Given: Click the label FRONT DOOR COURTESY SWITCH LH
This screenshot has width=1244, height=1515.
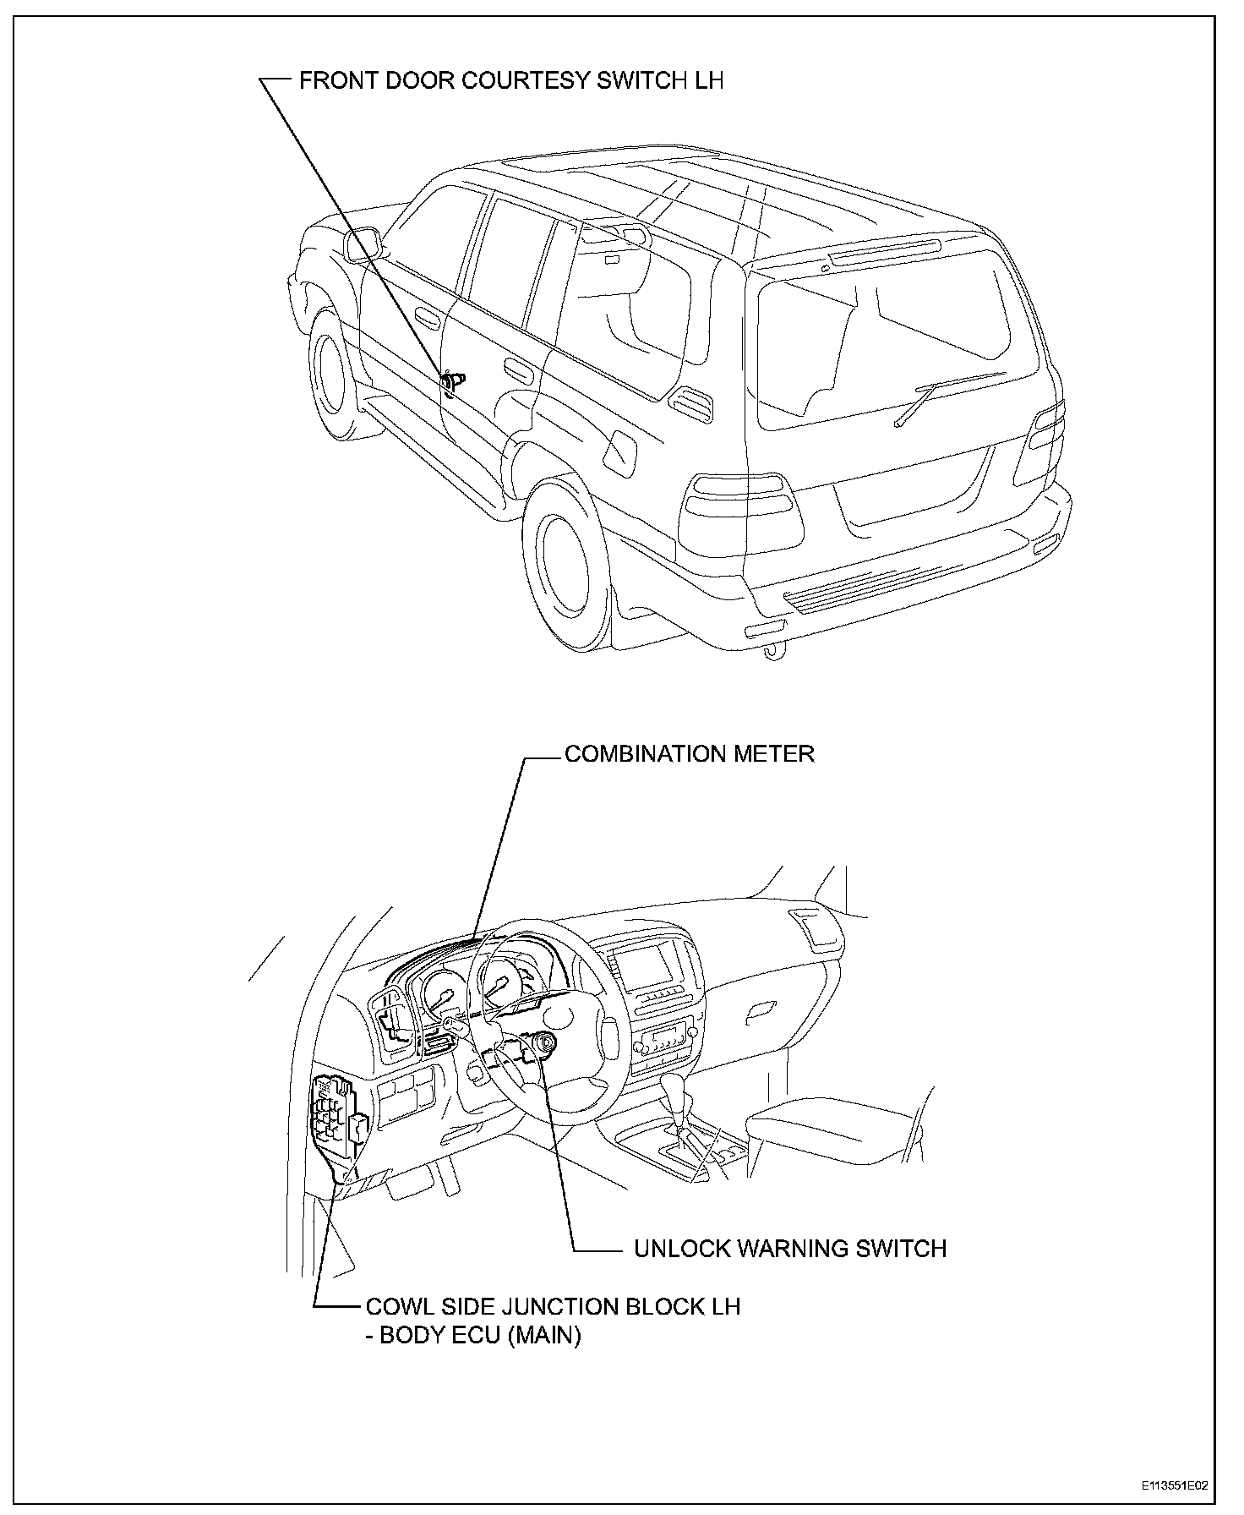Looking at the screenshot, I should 511,81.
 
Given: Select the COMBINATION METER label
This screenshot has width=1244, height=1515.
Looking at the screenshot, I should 689,754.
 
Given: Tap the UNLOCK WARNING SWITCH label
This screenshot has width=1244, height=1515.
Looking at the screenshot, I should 790,1249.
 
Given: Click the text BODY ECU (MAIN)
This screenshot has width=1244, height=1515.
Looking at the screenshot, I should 473,1337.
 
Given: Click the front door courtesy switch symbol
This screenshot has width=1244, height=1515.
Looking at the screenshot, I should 450,383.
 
